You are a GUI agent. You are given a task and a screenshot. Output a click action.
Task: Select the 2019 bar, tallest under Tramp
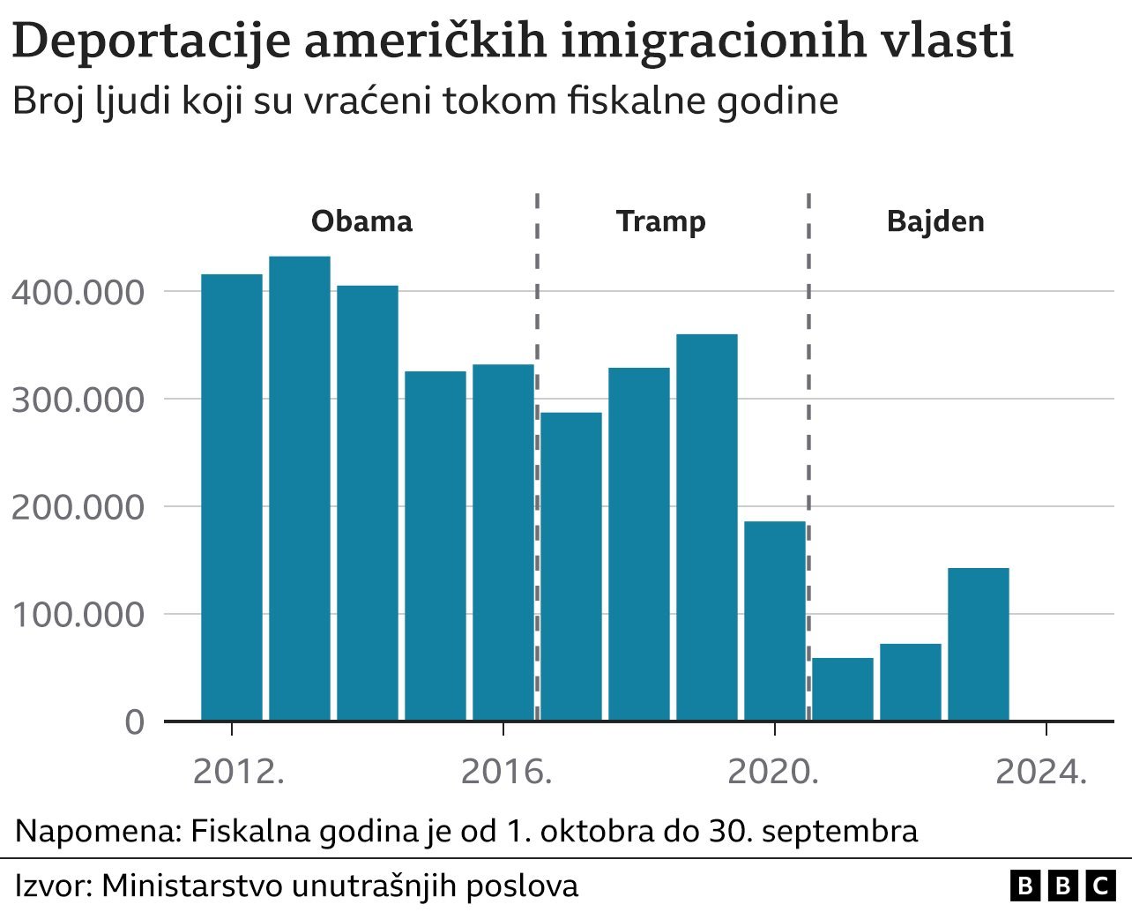pos(707,527)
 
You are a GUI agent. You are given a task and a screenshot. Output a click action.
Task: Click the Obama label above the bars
pos(361,221)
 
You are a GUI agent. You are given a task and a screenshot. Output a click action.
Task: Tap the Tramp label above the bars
pos(660,221)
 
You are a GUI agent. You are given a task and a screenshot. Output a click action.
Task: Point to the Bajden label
pos(935,221)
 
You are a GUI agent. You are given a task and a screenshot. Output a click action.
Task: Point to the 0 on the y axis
pos(134,722)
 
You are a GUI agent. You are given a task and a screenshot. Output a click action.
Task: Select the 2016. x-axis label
pos(506,773)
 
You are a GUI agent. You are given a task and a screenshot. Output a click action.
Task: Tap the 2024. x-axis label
pos(1041,773)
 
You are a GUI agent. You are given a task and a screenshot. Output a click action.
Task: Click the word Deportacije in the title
pos(151,41)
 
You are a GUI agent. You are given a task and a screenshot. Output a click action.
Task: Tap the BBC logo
pos(1061,886)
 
